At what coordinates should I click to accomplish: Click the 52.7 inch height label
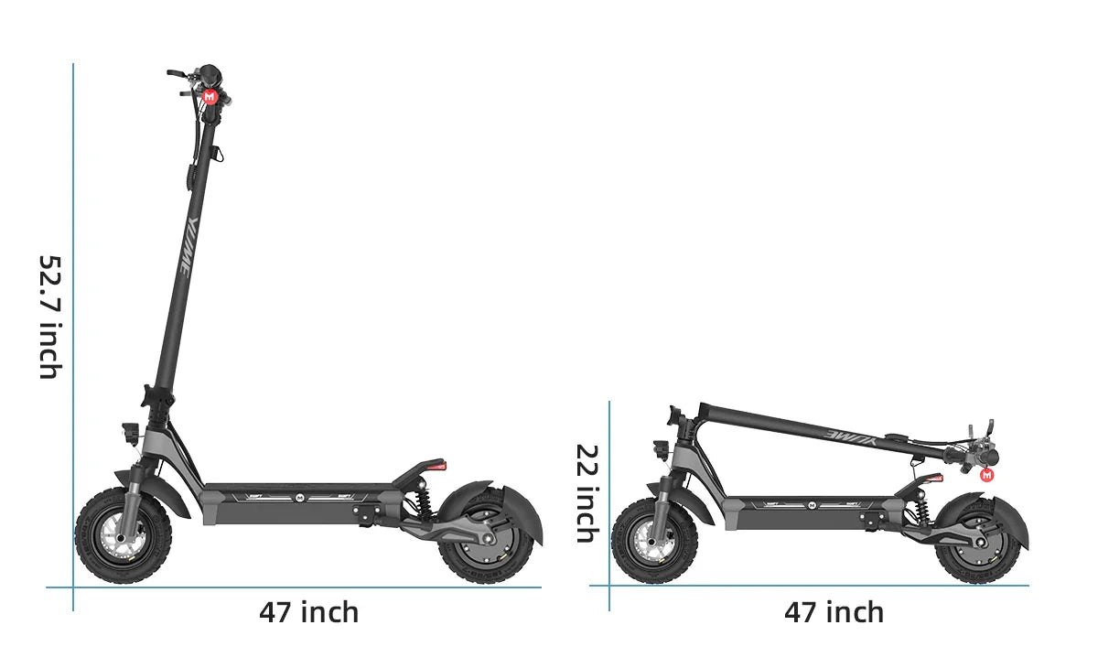pyautogui.click(x=49, y=316)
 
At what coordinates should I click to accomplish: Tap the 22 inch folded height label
pyautogui.click(x=587, y=492)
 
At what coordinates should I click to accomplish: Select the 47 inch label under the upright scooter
pyautogui.click(x=308, y=611)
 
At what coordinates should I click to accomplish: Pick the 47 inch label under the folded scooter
pyautogui.click(x=834, y=611)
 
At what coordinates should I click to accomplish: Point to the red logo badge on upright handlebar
pyautogui.click(x=209, y=96)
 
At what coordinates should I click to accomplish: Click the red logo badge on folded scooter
pyautogui.click(x=986, y=474)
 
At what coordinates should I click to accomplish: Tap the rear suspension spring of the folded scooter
pyautogui.click(x=919, y=509)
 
